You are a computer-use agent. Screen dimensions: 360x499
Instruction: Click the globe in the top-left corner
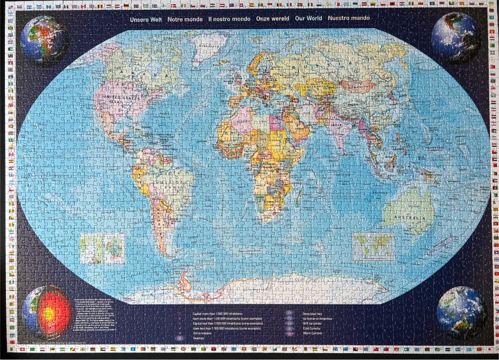[44, 38]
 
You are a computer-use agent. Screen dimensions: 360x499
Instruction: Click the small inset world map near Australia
[373, 246]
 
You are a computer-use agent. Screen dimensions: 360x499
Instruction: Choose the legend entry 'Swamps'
[199, 338]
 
